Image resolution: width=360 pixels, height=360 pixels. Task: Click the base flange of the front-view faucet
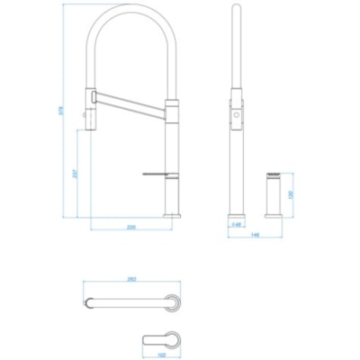tap(172, 215)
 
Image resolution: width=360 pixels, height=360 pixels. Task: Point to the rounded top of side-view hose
tap(236, 11)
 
